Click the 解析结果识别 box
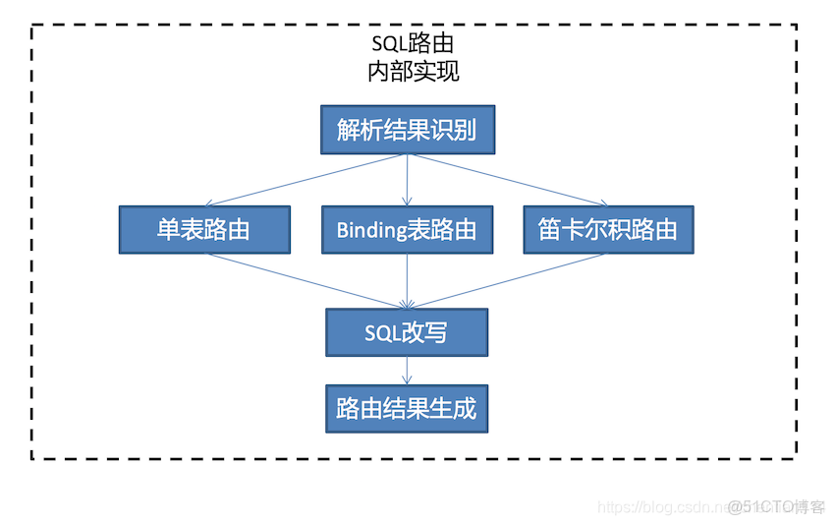(407, 130)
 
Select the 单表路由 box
(204, 230)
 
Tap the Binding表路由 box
(407, 230)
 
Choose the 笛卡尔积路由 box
(608, 230)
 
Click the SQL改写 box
(407, 332)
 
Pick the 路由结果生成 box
(407, 408)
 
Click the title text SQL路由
(413, 44)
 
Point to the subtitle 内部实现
(413, 72)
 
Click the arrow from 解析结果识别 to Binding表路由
(408, 180)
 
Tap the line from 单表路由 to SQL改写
(305, 280)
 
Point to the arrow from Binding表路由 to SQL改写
(408, 280)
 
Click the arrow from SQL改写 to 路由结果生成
(408, 370)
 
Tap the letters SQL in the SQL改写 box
(382, 333)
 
